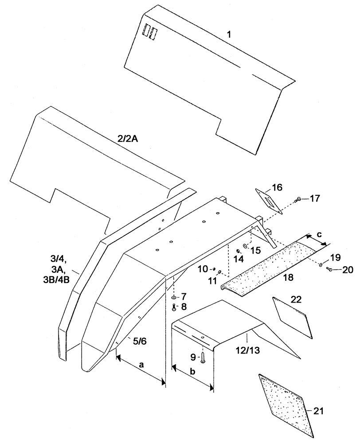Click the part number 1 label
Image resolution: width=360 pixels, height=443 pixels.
point(228,33)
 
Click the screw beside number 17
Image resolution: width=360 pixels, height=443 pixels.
point(299,200)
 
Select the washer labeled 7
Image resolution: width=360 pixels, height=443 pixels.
point(174,296)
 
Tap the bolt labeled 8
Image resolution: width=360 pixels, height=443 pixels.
point(174,307)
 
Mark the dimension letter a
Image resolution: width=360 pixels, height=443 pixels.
point(141,365)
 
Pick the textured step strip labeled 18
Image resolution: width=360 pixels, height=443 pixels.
point(266,266)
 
